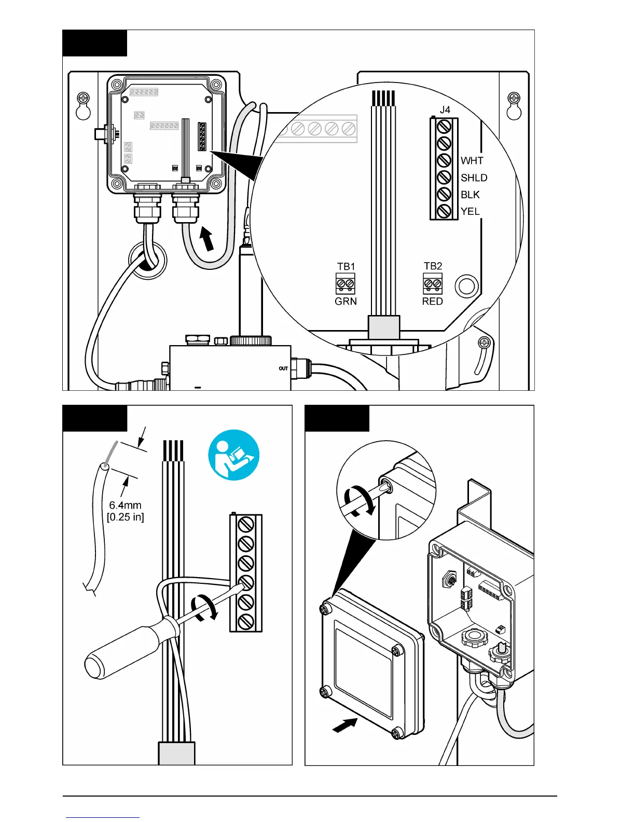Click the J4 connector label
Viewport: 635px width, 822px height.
click(x=445, y=110)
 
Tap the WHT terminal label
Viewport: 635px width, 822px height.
click(x=472, y=161)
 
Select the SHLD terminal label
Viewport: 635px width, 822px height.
click(x=474, y=178)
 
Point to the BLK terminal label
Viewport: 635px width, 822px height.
click(x=470, y=195)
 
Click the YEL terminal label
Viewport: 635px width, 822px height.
click(x=470, y=211)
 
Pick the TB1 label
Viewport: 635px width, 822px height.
click(x=346, y=267)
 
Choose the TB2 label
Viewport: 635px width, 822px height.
click(x=433, y=266)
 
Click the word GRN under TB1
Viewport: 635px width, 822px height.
click(x=346, y=302)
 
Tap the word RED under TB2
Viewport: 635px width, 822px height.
click(x=432, y=302)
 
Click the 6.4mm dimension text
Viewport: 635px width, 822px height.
click(x=125, y=505)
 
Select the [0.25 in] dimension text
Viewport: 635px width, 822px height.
click(x=125, y=517)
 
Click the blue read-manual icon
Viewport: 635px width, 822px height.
click(x=233, y=455)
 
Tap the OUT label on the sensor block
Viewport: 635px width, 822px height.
click(x=283, y=368)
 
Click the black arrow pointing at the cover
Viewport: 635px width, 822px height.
click(x=344, y=725)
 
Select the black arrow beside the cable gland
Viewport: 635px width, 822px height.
click(x=206, y=240)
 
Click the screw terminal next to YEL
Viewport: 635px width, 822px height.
click(x=444, y=211)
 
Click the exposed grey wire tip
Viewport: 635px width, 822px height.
click(x=112, y=452)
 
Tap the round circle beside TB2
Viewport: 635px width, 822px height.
click(x=466, y=286)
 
